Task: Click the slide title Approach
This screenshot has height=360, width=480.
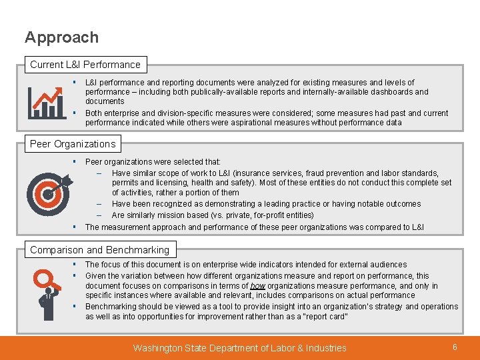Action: (x=61, y=37)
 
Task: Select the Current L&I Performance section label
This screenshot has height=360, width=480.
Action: (x=85, y=65)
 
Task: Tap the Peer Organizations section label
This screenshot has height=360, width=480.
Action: (x=73, y=144)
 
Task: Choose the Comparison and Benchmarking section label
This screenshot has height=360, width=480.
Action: (x=99, y=250)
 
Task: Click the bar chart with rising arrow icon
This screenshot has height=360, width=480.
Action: (x=47, y=101)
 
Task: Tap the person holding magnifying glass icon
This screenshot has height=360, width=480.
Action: (x=47, y=293)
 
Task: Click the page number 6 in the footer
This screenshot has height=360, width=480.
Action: (x=455, y=347)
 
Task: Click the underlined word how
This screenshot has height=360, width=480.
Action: (x=258, y=286)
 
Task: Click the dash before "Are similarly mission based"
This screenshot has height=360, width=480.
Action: (x=98, y=215)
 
